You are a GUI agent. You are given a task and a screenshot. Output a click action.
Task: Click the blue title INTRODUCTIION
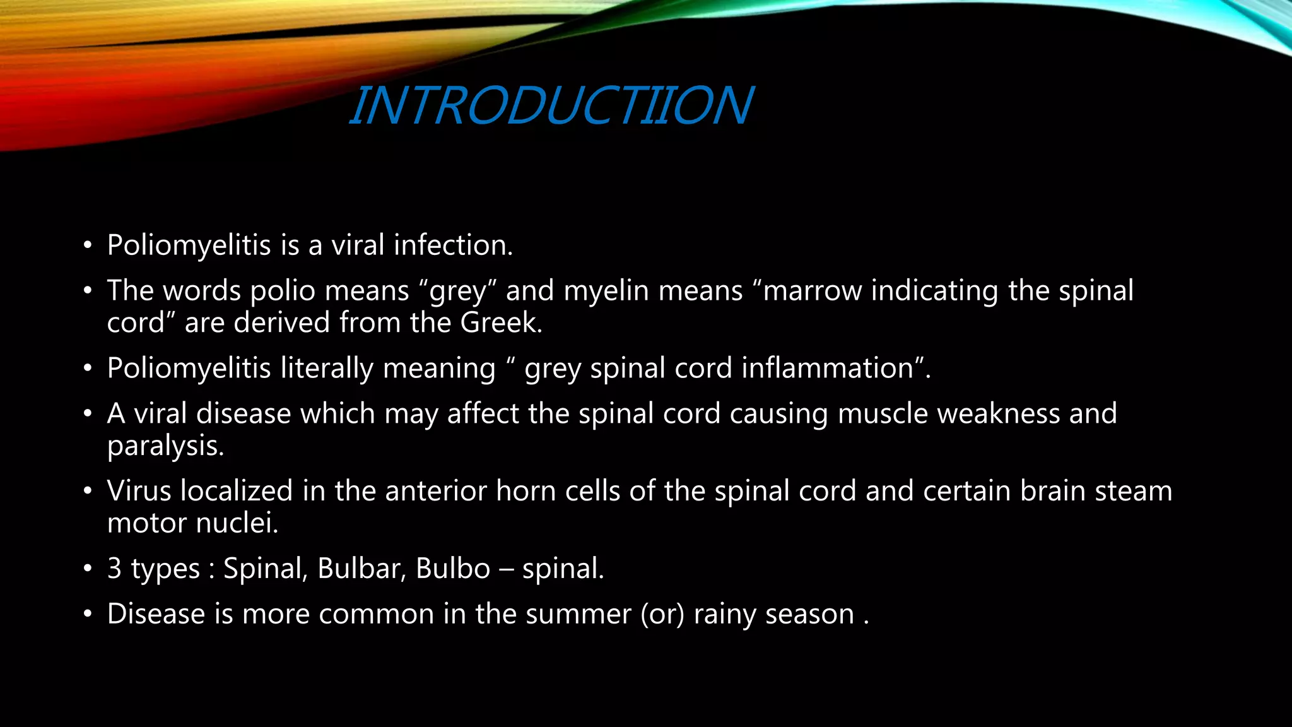551,105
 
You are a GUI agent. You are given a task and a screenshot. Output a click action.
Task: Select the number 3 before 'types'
114,569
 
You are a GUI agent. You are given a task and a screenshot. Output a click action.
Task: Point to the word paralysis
165,447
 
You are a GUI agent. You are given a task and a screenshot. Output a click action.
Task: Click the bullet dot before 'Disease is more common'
88,615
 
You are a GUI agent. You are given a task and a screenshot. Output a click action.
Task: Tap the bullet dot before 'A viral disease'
88,415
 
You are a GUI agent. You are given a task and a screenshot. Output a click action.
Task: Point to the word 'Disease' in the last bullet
156,615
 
